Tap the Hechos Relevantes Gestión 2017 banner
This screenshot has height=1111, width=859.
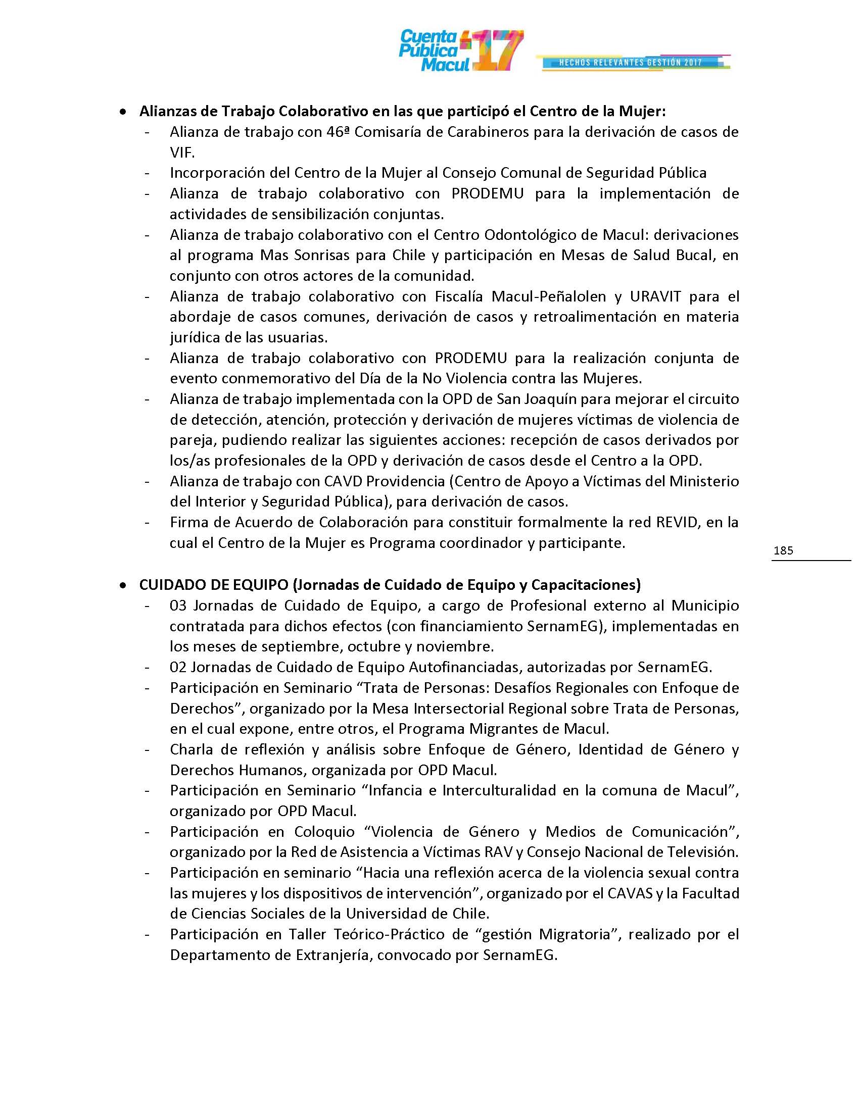(x=631, y=63)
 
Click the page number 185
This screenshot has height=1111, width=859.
(x=783, y=550)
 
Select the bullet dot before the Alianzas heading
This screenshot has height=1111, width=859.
(x=123, y=112)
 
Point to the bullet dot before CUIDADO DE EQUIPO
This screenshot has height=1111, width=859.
(x=123, y=585)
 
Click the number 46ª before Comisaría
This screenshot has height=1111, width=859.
(x=337, y=132)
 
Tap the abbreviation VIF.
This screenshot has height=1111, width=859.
(x=182, y=153)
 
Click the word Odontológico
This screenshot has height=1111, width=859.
(x=529, y=235)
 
